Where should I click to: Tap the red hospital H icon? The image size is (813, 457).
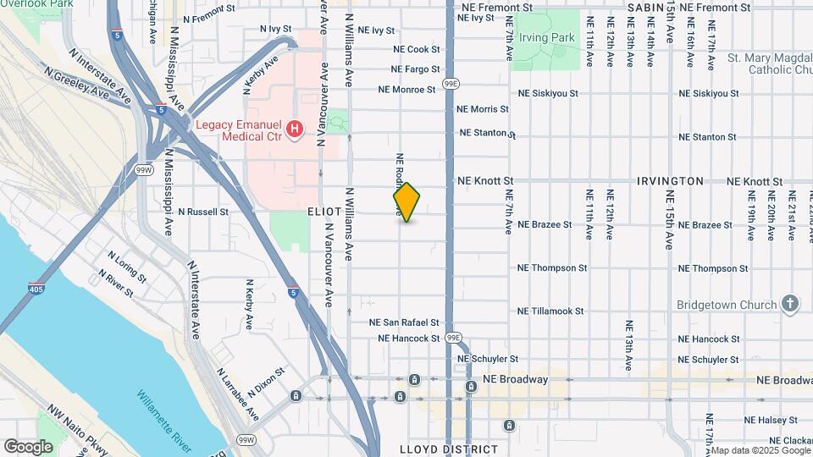click(x=294, y=129)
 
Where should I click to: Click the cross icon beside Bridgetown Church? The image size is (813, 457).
click(x=789, y=304)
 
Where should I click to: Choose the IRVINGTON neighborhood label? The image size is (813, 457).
click(x=670, y=181)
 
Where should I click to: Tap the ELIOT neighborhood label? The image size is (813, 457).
click(x=324, y=211)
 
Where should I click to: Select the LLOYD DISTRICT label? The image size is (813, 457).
click(x=449, y=449)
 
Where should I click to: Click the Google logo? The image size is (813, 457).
click(x=28, y=446)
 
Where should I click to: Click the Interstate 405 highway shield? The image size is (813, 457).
click(x=36, y=288)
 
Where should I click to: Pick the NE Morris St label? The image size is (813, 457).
click(x=482, y=109)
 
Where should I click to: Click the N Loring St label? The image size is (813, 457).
click(x=127, y=264)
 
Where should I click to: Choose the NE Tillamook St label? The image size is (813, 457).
click(x=551, y=311)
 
